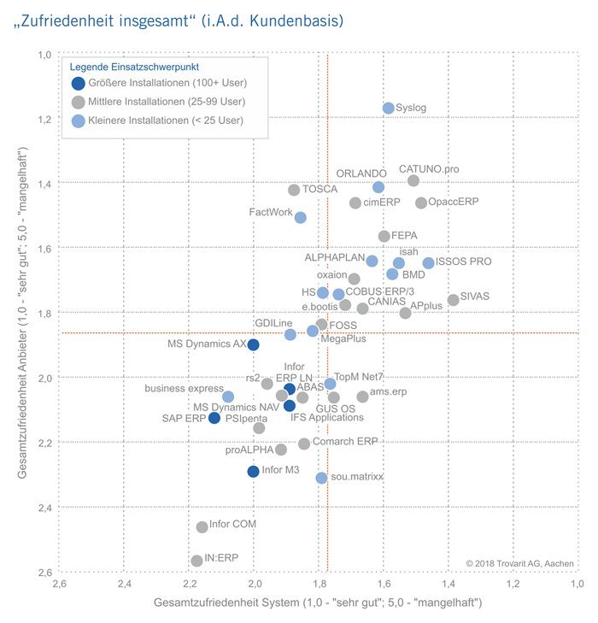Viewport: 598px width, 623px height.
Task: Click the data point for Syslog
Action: click(x=389, y=109)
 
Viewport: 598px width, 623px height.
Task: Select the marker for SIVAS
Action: click(x=454, y=300)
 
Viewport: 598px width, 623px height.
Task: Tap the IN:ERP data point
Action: click(x=197, y=561)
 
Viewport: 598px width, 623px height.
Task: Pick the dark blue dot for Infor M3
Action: click(x=253, y=472)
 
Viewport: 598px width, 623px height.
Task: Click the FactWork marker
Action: click(x=301, y=218)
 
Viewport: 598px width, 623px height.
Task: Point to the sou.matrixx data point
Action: click(x=321, y=479)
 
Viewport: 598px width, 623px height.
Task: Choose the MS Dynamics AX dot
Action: click(x=253, y=344)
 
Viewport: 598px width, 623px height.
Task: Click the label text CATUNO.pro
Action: click(x=429, y=169)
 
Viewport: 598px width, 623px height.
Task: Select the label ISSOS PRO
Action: click(x=464, y=262)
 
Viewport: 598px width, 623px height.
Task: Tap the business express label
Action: click(x=184, y=389)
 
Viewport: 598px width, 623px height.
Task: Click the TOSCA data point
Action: click(x=294, y=190)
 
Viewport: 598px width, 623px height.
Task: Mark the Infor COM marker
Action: click(x=202, y=527)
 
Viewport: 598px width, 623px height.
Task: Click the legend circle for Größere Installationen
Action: click(x=79, y=84)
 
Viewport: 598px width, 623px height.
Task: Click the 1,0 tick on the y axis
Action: click(x=44, y=55)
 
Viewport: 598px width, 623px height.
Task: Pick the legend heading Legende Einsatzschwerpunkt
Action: click(x=140, y=66)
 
